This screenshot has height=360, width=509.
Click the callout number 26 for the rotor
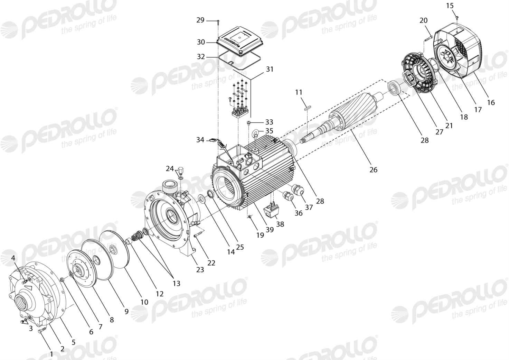[x=373, y=170]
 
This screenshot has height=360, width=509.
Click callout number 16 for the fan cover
[x=491, y=103]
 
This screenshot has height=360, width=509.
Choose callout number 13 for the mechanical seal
[x=176, y=283]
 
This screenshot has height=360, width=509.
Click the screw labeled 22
[x=198, y=234]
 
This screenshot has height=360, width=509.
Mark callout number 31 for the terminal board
[x=270, y=69]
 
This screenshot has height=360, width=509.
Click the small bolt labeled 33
[x=249, y=123]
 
